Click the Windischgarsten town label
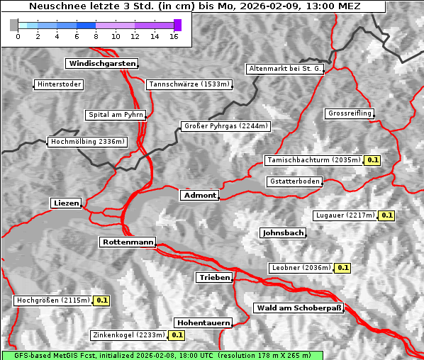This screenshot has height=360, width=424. pyautogui.click(x=101, y=64)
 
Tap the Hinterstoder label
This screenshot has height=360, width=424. pyautogui.click(x=59, y=84)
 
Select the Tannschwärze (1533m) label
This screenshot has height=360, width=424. pyautogui.click(x=189, y=84)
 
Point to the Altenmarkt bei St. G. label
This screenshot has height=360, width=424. pyautogui.click(x=285, y=69)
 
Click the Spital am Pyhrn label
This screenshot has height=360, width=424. pyautogui.click(x=116, y=115)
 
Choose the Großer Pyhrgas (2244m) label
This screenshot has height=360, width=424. pyautogui.click(x=225, y=126)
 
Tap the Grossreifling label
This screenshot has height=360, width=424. pyautogui.click(x=350, y=113)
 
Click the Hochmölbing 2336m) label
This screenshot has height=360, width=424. pyautogui.click(x=87, y=142)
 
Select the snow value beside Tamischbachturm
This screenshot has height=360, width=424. pyautogui.click(x=372, y=160)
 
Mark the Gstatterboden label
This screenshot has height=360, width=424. pyautogui.click(x=294, y=181)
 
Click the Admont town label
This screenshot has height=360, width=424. pyautogui.click(x=199, y=196)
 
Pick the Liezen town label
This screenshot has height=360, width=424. pyautogui.click(x=66, y=203)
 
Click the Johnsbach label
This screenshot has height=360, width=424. pyautogui.click(x=283, y=232)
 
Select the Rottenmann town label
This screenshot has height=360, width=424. pyautogui.click(x=128, y=242)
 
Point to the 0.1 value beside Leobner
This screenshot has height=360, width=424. pyautogui.click(x=342, y=268)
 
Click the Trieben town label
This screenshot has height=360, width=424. pyautogui.click(x=214, y=278)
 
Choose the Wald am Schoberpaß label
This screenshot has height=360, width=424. pyautogui.click(x=298, y=308)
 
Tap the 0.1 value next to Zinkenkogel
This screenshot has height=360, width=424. pyautogui.click(x=177, y=335)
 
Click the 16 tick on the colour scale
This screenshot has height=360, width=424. pyautogui.click(x=174, y=36)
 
